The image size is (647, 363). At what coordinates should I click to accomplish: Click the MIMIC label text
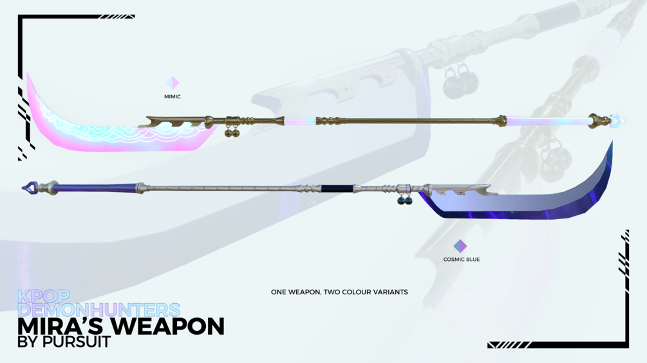click(x=173, y=97)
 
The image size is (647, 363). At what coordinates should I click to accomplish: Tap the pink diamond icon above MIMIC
click(x=173, y=83)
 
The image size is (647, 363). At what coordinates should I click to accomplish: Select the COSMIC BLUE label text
click(x=462, y=260)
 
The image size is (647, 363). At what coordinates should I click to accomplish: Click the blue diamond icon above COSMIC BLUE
click(x=460, y=246)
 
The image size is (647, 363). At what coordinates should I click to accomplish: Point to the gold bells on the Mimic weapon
click(x=232, y=132)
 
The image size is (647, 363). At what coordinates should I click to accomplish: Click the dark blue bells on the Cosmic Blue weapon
click(x=404, y=200)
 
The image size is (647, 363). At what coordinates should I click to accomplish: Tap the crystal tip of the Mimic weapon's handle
click(x=618, y=121)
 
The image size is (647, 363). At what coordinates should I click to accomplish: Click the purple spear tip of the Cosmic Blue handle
click(x=30, y=188)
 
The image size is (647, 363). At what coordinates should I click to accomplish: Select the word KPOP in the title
click(x=44, y=296)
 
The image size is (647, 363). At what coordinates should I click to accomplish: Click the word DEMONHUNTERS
click(x=99, y=310)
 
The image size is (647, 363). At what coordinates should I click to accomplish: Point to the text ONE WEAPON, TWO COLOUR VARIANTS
click(x=339, y=292)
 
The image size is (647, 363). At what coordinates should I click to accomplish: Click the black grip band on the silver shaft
click(x=337, y=188)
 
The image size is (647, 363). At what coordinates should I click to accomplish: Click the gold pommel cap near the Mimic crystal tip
click(x=599, y=120)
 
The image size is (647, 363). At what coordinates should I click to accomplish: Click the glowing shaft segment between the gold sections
click(x=300, y=121)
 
